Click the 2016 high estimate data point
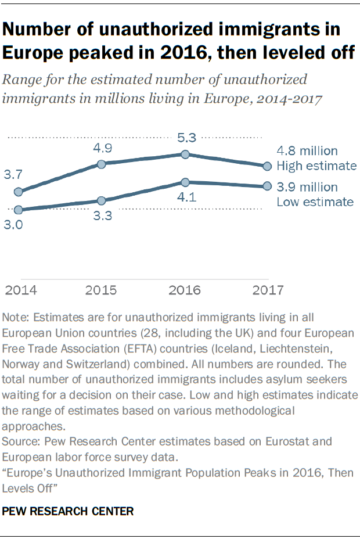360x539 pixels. coord(185,154)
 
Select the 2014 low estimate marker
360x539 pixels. coord(18,210)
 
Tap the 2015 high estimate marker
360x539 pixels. coord(102,164)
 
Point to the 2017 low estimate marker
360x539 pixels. coord(267,186)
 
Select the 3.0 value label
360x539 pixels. coord(14,225)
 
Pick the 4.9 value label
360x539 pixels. coord(102,148)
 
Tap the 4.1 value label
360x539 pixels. coord(185,198)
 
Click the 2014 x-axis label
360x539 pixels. coord(19,290)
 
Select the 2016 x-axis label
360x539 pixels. coord(185,290)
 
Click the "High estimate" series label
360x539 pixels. coord(316,166)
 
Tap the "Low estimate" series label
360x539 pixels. coord(315,202)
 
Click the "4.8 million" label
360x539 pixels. coord(307,152)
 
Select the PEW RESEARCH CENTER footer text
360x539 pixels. coord(69,511)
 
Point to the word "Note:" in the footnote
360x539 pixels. coord(17,318)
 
